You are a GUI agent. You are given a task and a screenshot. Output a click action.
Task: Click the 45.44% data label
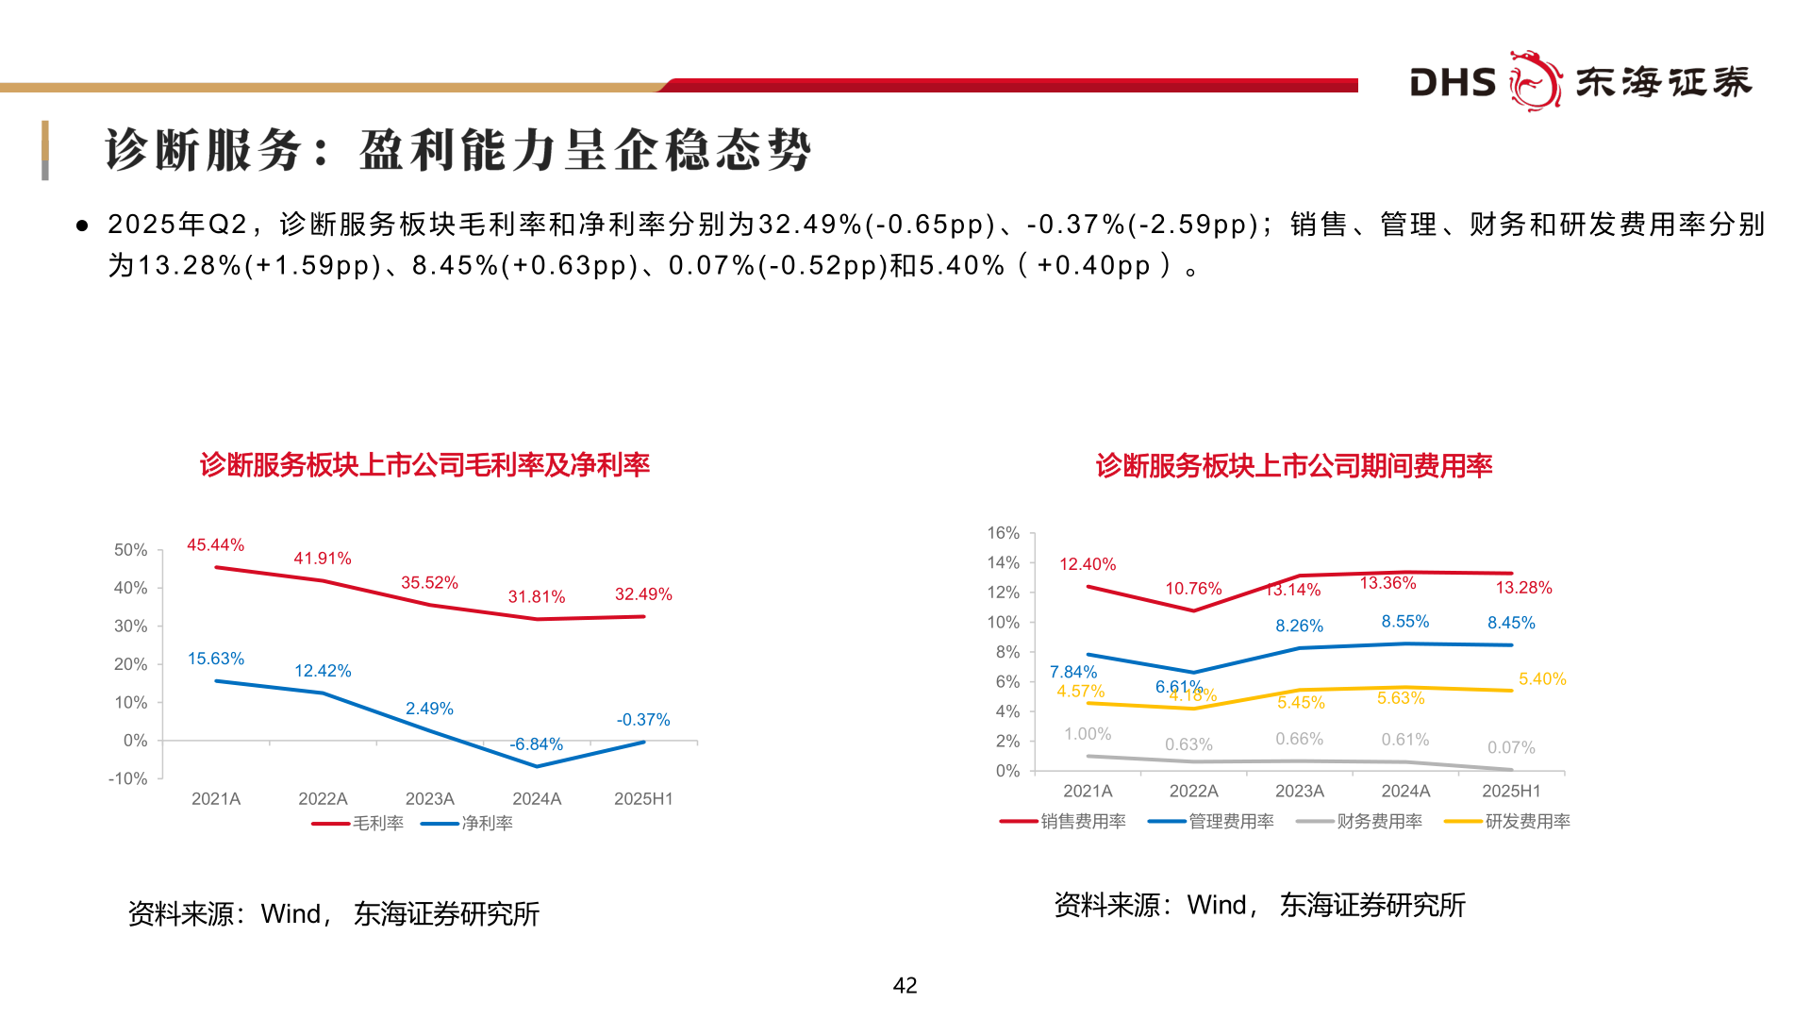[x=215, y=545]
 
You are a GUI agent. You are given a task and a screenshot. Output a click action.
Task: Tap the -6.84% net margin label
[x=536, y=744]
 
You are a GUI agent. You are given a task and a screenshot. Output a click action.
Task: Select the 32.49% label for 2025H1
[x=643, y=594]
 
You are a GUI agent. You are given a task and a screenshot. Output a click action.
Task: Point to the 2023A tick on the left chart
[x=429, y=799]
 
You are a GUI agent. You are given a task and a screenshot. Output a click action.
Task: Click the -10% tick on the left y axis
[x=128, y=779]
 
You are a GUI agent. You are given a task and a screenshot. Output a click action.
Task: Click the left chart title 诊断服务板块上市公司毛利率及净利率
[x=424, y=465]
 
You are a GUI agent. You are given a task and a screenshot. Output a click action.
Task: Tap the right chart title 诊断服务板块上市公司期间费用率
[x=1293, y=466]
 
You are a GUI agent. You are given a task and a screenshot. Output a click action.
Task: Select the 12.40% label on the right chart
[x=1087, y=564]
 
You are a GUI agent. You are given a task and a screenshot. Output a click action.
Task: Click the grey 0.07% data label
[x=1511, y=748]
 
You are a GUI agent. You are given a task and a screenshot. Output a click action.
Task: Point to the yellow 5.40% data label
[x=1542, y=679]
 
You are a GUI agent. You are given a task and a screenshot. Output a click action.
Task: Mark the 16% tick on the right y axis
[x=1004, y=533]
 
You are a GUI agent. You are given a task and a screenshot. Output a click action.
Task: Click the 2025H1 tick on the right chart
[x=1511, y=792]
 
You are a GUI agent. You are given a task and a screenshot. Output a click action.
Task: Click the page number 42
[x=905, y=986]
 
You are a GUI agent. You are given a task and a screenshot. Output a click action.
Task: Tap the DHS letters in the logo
[x=1453, y=83]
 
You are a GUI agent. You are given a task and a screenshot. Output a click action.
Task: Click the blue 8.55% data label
[x=1404, y=622]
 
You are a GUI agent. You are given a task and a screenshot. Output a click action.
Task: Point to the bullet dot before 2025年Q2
[x=83, y=226]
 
